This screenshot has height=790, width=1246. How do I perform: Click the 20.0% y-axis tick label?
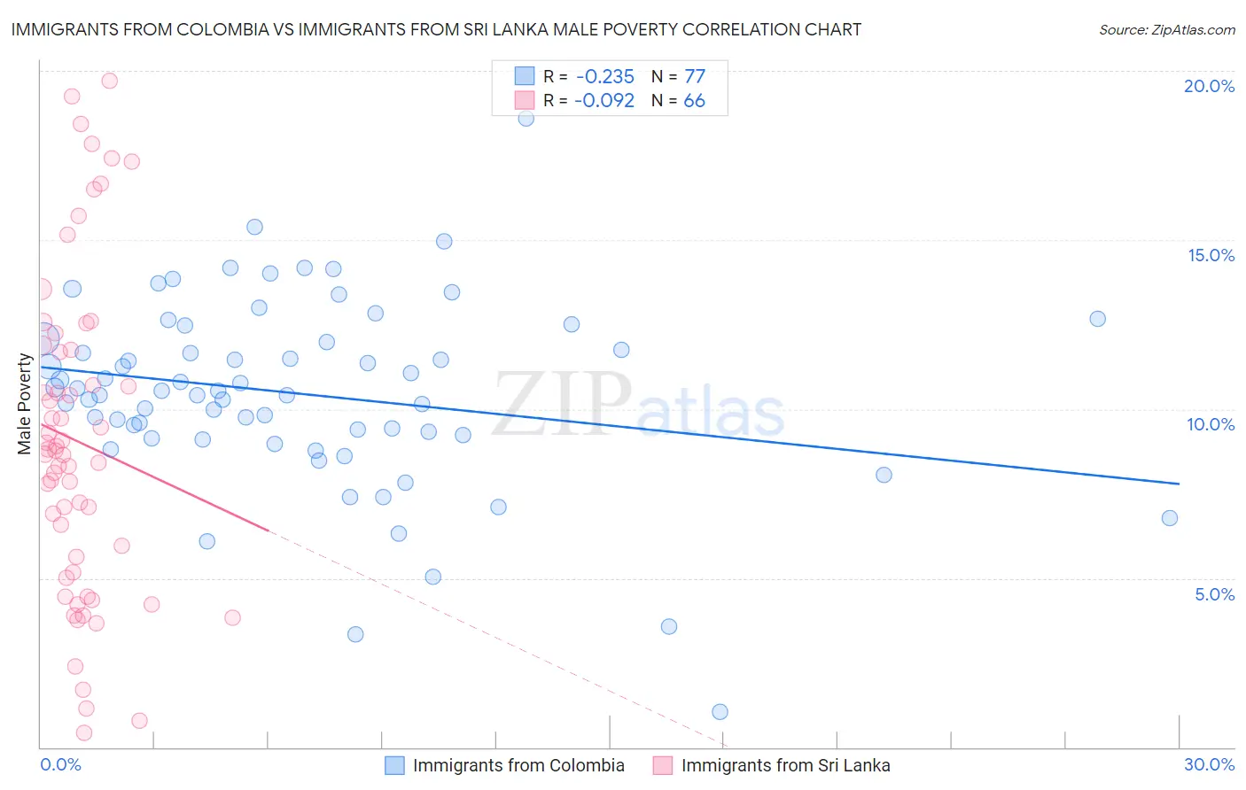coord(1209,86)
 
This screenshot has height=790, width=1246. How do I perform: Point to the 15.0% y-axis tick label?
coord(1211,255)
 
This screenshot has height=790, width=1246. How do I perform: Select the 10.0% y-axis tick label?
coord(1211,424)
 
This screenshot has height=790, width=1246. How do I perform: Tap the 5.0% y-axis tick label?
coord(1214,594)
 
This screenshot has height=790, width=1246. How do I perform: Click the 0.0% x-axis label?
coord(60,764)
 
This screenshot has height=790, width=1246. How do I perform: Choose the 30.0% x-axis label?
coord(1209,764)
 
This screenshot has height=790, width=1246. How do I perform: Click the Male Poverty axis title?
coord(25,404)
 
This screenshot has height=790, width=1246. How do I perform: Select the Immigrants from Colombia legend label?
coord(518,765)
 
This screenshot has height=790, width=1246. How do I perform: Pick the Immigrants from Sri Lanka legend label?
coord(785,765)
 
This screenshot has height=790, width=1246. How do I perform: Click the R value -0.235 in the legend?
coord(604,77)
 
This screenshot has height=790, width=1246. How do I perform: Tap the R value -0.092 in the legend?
coord(604,101)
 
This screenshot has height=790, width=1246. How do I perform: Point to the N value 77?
coord(694,77)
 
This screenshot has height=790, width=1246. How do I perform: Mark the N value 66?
coord(694,101)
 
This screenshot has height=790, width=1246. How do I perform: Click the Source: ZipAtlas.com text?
coord(1166,30)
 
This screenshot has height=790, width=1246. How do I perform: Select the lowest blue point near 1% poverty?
coord(720,712)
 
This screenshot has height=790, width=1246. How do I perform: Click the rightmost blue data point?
coord(1170,518)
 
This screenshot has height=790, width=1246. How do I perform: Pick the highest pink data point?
coord(110,81)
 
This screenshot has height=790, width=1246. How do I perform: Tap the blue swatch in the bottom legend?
coord(394,765)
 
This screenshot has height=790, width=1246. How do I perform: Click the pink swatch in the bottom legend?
coord(663,765)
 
